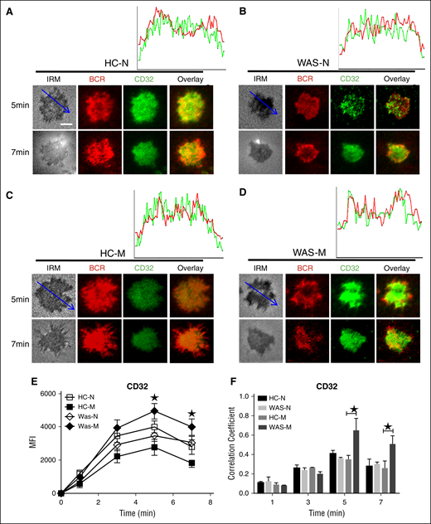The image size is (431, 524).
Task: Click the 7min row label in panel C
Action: coord(16,342)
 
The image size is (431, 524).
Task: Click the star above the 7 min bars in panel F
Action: coord(389,426)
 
